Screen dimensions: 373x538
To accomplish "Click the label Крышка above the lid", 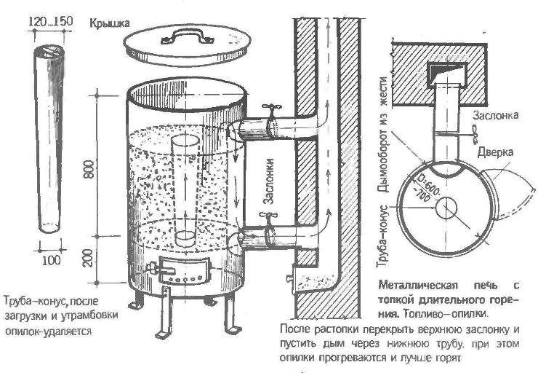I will coord(109,23).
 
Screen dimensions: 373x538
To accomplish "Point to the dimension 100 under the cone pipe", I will coord(50,261).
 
